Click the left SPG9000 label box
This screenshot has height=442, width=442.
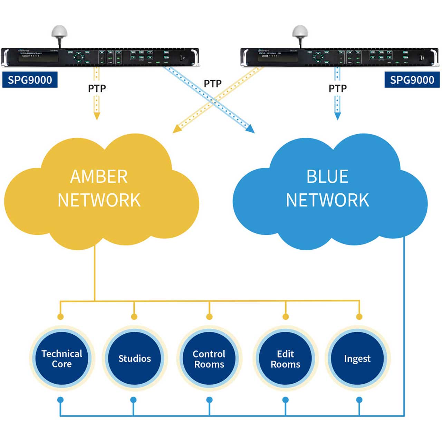point(30,80)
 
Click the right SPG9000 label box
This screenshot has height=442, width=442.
point(412,80)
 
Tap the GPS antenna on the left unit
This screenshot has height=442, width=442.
point(59,32)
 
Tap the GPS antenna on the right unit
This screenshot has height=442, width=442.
point(300,32)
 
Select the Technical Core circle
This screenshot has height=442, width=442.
point(62,358)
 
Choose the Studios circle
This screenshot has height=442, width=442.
point(135,358)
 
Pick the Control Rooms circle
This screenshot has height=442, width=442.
point(209,358)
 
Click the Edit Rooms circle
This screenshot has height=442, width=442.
point(286,358)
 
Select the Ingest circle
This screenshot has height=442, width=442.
point(357,358)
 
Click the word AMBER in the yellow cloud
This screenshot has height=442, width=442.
point(99,177)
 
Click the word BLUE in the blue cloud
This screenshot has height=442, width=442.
point(327,176)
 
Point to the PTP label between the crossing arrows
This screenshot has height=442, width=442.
point(213,84)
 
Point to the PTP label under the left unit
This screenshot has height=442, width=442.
point(97,89)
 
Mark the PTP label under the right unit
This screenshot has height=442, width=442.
point(337,89)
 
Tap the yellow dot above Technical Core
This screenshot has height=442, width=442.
point(60,317)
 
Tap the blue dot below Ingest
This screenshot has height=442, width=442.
point(359,400)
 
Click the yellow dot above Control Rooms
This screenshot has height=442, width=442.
point(209,317)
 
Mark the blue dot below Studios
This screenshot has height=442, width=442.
point(133,400)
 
